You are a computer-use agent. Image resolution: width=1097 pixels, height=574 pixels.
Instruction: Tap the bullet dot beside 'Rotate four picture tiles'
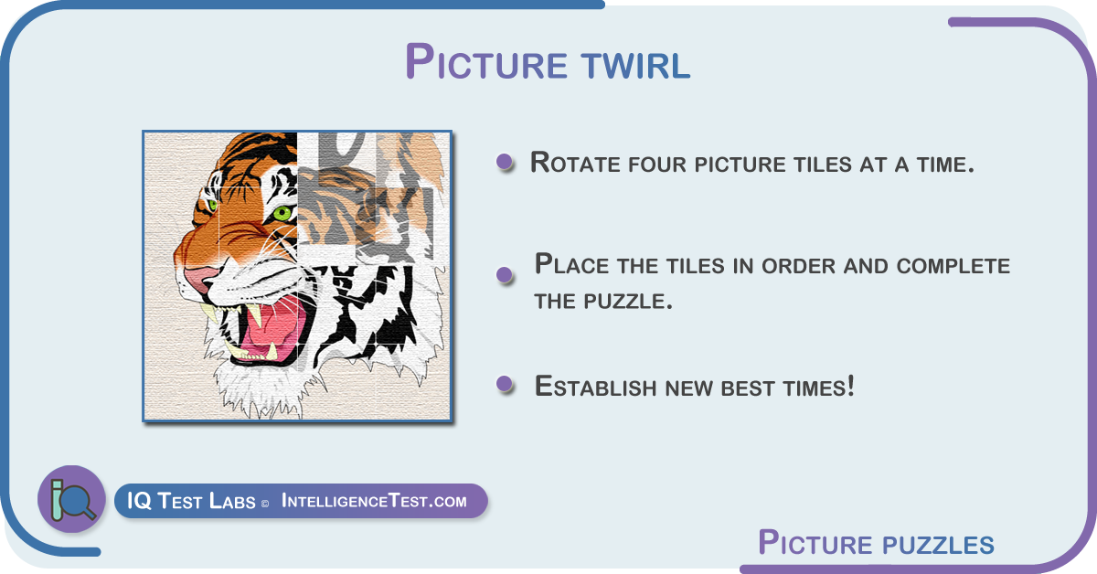point(505,162)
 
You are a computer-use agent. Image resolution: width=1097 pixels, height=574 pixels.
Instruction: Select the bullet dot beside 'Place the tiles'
point(505,274)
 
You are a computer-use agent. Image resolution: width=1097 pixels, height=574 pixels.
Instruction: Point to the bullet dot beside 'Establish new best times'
point(505,384)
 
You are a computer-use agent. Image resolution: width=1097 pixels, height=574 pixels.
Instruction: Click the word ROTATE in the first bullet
point(576,163)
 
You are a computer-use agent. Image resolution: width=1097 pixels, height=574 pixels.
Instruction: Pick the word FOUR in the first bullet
point(657,165)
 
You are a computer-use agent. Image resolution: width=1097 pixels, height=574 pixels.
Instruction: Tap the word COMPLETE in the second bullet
point(953,266)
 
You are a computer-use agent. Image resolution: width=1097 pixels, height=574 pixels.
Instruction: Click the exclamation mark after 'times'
point(851,386)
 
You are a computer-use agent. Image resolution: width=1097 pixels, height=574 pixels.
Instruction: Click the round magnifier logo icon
point(71,499)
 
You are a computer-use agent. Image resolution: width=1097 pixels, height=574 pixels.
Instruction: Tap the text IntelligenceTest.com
point(374,501)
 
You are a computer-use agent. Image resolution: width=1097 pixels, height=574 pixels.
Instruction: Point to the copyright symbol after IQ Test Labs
point(265,504)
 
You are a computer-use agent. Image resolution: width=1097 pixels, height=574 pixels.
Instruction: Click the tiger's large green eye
point(282,213)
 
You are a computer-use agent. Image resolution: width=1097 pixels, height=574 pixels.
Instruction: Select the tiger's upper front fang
point(255,314)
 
